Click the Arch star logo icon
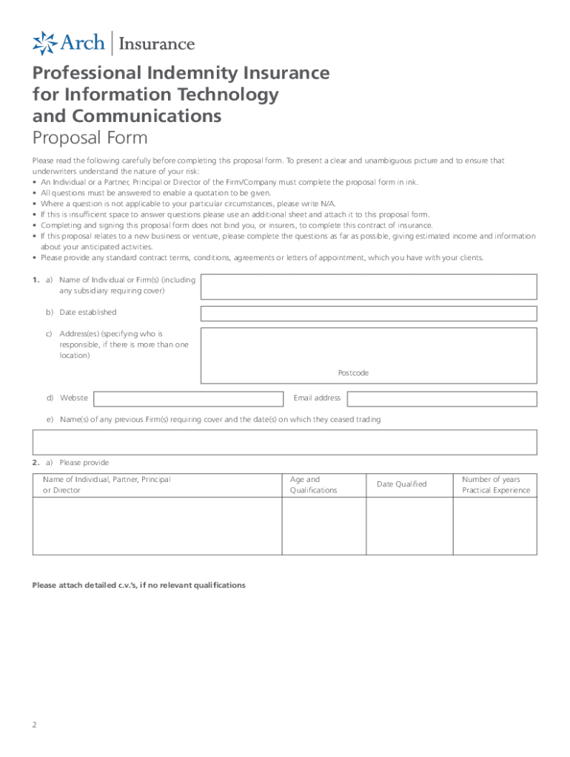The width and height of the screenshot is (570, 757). (44, 43)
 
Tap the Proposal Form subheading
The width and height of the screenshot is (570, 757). (90, 138)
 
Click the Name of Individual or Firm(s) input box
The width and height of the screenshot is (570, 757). (369, 286)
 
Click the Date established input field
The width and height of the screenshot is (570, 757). (369, 313)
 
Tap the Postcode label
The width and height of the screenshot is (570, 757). (353, 373)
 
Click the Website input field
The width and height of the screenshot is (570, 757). (188, 398)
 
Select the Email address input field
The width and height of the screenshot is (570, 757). (442, 398)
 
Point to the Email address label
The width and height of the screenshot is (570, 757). (317, 398)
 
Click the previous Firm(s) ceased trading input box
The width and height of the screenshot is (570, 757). (284, 441)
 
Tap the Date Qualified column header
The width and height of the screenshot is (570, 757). (401, 484)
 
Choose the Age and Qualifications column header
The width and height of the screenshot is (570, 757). (313, 485)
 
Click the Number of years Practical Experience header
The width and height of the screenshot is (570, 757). (496, 485)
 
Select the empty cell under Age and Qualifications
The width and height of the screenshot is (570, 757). (323, 526)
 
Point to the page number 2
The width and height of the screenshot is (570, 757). (35, 724)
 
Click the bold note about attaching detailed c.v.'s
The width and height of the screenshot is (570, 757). (138, 585)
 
